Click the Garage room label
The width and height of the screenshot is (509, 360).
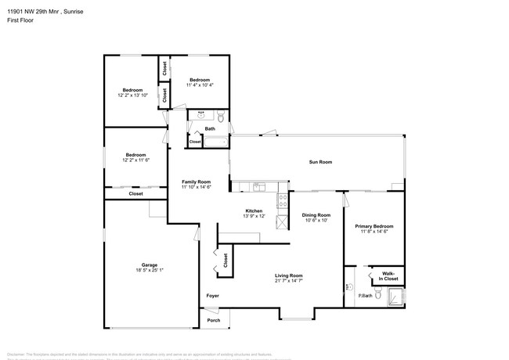coord(149,265)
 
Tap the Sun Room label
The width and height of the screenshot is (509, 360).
coord(320,162)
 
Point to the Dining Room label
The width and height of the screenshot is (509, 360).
coord(316,215)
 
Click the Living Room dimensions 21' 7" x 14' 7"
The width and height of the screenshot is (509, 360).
coord(288,280)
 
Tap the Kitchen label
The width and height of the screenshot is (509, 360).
coord(254,211)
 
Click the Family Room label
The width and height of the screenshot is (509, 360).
coord(197,182)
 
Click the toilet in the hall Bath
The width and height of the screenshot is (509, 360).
coord(221,117)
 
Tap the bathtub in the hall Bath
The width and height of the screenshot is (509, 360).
coord(215,142)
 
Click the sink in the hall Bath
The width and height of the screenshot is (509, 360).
coord(200,116)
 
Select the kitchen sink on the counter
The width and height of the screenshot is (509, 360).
coord(259,186)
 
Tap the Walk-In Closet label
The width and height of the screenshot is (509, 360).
coord(389,276)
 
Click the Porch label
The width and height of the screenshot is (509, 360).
coord(214,320)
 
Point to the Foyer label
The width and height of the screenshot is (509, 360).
coord(212,296)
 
